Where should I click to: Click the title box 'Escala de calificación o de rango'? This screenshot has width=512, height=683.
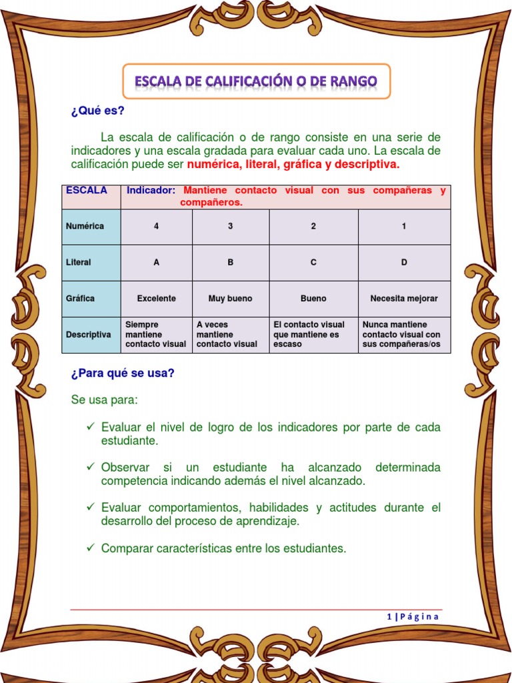(x=256, y=81)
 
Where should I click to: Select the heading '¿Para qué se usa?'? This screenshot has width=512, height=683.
(x=123, y=373)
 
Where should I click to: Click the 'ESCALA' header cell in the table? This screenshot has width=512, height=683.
(x=87, y=191)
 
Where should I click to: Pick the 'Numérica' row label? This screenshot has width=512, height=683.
(x=85, y=226)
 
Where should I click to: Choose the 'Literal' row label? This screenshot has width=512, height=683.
(x=79, y=262)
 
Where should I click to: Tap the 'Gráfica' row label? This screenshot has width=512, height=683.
(x=81, y=298)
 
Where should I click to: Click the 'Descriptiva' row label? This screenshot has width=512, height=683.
(x=89, y=334)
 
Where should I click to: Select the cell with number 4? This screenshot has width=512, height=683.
(x=156, y=226)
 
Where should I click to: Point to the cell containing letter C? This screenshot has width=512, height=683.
(x=313, y=262)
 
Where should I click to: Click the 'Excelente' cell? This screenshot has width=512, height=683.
(x=156, y=298)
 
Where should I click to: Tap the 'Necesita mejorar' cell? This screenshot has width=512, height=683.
(x=404, y=298)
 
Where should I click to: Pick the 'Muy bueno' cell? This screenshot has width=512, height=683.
(x=230, y=298)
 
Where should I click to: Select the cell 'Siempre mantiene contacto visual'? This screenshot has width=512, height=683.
(x=156, y=334)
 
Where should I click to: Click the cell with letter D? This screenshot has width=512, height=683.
(x=404, y=262)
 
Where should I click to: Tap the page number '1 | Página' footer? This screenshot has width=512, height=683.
(x=413, y=616)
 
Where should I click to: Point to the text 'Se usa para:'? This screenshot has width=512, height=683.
(x=105, y=400)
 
